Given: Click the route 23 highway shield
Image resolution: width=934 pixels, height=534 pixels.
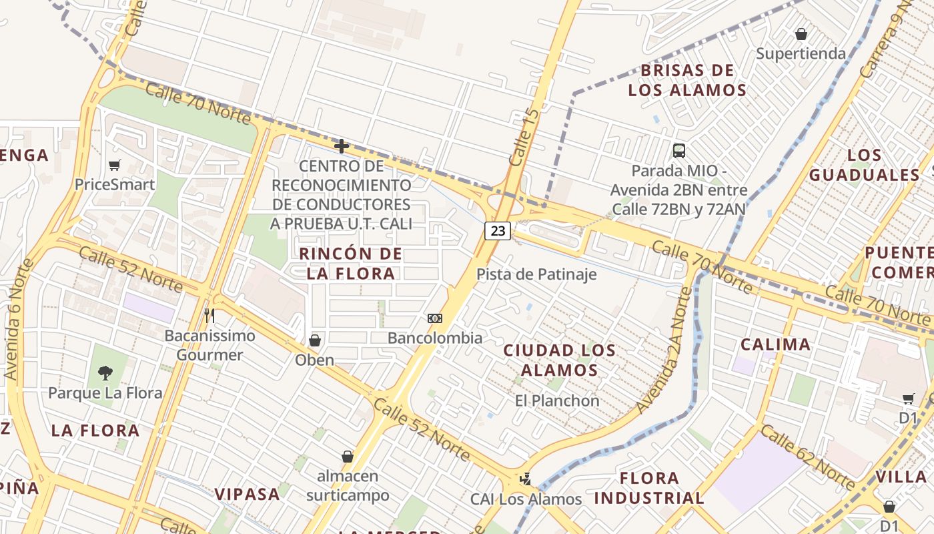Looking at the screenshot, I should point(498,231).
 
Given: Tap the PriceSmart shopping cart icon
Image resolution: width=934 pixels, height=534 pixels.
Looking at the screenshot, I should point(115,165).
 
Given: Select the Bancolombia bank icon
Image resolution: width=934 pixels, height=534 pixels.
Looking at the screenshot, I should point(435,318).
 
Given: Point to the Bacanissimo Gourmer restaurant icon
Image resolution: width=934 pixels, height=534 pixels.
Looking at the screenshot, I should point(209,314).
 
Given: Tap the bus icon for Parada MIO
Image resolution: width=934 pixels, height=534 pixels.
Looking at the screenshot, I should point(678,151).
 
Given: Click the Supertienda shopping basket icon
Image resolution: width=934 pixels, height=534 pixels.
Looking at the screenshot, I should point(801,33).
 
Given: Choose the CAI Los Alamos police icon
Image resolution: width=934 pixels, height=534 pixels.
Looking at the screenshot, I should point(526,479).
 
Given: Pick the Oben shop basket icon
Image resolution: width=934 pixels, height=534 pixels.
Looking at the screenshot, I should point(315,341).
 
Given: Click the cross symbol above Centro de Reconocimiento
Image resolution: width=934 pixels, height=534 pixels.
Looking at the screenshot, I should point(342,146).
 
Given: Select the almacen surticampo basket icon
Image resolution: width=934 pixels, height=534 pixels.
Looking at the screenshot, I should point(348,457).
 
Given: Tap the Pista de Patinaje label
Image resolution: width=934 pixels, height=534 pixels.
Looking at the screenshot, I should point(536,274).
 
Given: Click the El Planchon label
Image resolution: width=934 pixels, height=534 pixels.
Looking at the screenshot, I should point(557,401).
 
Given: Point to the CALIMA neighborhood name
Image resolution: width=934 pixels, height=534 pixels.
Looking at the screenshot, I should point(776,344).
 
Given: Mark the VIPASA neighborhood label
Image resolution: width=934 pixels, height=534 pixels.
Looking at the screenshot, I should point(247,494).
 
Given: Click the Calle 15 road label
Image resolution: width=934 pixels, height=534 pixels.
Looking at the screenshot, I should point(523,138).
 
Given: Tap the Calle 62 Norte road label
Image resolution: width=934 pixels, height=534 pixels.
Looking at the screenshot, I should point(807,458).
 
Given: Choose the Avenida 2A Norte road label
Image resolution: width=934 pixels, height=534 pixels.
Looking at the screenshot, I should point(664,350).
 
